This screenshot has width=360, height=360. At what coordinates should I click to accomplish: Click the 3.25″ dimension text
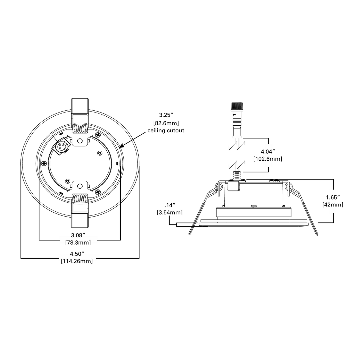click(x=166, y=115)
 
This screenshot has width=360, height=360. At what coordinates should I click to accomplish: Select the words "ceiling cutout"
click(x=166, y=131)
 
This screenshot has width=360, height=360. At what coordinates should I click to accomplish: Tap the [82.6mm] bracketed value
click(x=166, y=123)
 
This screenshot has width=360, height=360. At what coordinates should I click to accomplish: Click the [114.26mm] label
click(x=77, y=261)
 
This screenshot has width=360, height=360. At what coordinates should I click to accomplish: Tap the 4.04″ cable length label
click(x=268, y=151)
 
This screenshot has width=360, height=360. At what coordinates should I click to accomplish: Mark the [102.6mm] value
click(x=268, y=159)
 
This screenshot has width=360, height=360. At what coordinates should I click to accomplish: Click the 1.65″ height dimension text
click(x=333, y=197)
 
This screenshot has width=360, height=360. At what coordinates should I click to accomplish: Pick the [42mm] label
click(x=333, y=205)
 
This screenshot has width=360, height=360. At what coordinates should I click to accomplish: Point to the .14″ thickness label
click(x=170, y=205)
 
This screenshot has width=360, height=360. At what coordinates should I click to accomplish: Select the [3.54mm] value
click(x=170, y=212)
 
